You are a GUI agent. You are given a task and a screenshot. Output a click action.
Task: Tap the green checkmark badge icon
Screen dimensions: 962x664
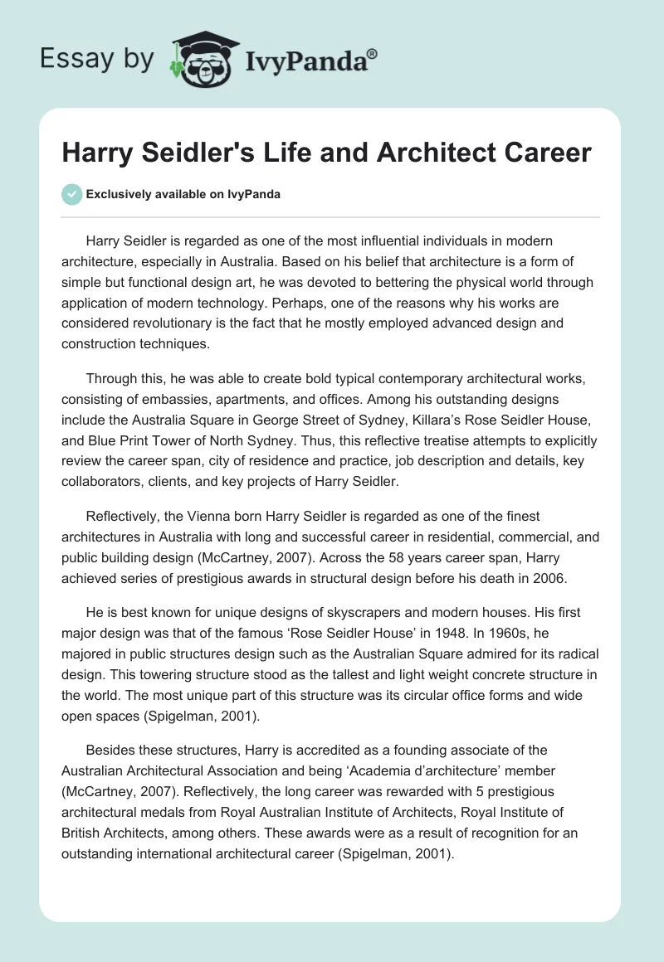click(71, 194)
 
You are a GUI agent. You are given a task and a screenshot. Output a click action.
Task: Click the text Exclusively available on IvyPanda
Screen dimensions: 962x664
click(183, 194)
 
